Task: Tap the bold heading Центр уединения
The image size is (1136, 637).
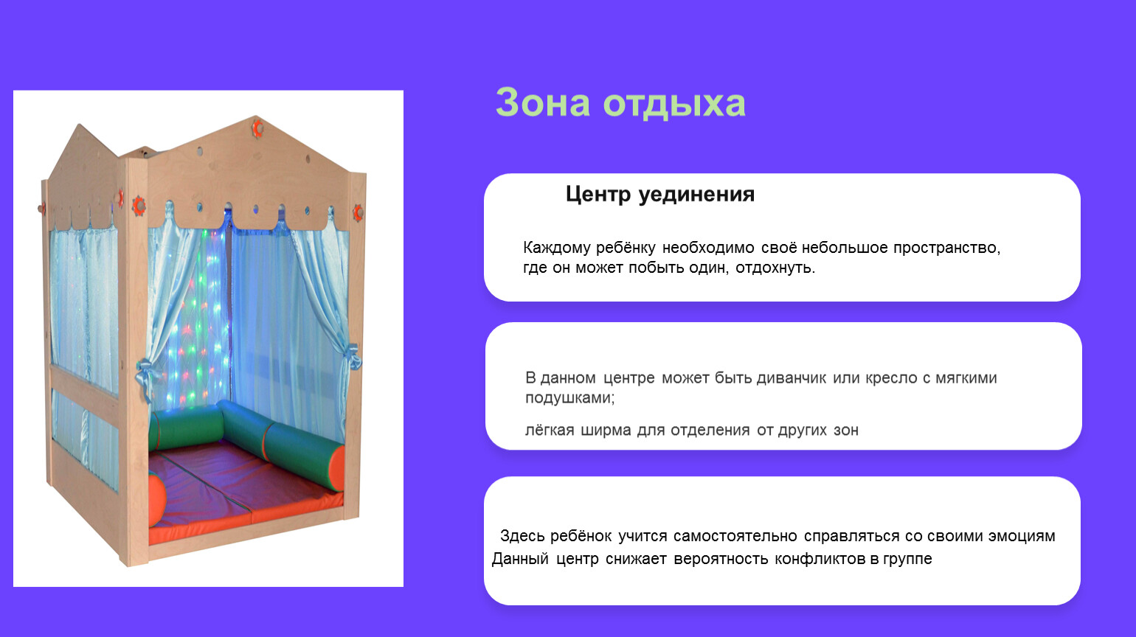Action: pyautogui.click(x=660, y=195)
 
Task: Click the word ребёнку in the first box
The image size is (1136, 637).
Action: pyautogui.click(x=626, y=248)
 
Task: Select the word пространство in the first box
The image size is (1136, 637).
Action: pyautogui.click(x=946, y=248)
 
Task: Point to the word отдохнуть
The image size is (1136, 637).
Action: pyautogui.click(x=775, y=268)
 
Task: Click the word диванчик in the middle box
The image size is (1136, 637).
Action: pyautogui.click(x=791, y=378)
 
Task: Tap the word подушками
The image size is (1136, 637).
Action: pyautogui.click(x=569, y=398)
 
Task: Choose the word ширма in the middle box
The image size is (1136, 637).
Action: pyautogui.click(x=606, y=431)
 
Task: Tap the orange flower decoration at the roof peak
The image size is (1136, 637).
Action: pyautogui.click(x=257, y=128)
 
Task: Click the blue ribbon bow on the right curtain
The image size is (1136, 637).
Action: pyautogui.click(x=352, y=357)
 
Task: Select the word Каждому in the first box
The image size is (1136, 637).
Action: pyautogui.click(x=557, y=248)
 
